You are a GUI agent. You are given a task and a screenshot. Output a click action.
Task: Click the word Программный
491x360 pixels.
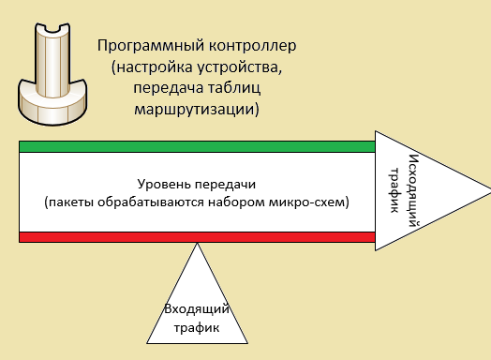(141, 46)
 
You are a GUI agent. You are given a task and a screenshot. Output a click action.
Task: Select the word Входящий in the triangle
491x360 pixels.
(197, 310)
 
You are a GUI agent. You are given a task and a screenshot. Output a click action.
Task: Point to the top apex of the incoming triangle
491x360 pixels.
(197, 245)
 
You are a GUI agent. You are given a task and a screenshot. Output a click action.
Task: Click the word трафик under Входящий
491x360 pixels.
(197, 327)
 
